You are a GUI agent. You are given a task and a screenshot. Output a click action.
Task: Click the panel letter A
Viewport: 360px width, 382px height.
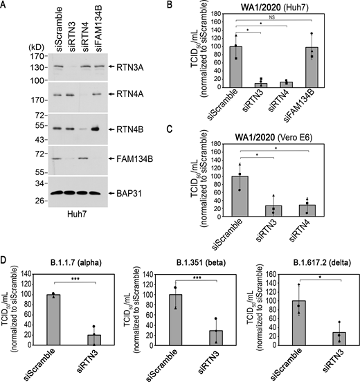5,6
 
